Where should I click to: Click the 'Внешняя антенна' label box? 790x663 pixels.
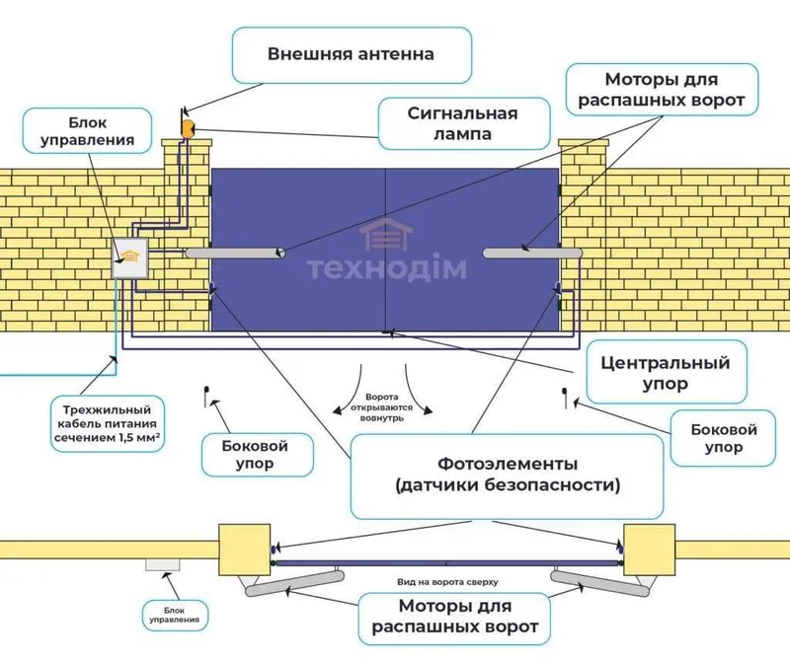pyautogui.click(x=352, y=55)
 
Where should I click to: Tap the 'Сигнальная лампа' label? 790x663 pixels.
pyautogui.click(x=463, y=123)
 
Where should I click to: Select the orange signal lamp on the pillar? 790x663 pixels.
pyautogui.click(x=188, y=128)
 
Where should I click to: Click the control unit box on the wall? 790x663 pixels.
pyautogui.click(x=129, y=258)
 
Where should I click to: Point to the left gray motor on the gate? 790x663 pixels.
pyautogui.click(x=235, y=253)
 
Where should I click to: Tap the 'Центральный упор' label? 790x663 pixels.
pyautogui.click(x=666, y=373)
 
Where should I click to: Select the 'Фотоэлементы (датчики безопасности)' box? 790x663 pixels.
pyautogui.click(x=507, y=476)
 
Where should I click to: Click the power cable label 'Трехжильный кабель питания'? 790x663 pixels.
pyautogui.click(x=108, y=424)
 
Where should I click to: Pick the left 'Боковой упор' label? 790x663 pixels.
pyautogui.click(x=257, y=455)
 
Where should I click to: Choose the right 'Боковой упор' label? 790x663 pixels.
pyautogui.click(x=723, y=438)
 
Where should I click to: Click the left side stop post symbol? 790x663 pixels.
pyautogui.click(x=206, y=397)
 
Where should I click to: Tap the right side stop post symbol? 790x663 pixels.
pyautogui.click(x=565, y=398)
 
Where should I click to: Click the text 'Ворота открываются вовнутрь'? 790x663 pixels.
pyautogui.click(x=381, y=407)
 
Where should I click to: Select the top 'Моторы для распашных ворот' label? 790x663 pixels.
pyautogui.click(x=662, y=90)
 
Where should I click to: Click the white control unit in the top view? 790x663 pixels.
pyautogui.click(x=163, y=564)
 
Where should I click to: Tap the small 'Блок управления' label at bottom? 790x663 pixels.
pyautogui.click(x=175, y=616)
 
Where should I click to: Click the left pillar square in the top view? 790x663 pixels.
pyautogui.click(x=244, y=550)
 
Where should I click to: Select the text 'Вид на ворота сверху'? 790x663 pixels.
pyautogui.click(x=447, y=582)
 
